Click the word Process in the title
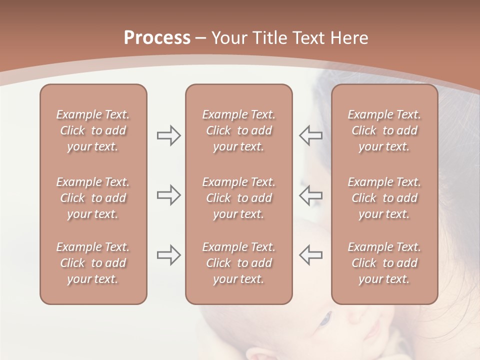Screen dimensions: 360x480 [x=157, y=38]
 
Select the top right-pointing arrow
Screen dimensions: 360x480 [x=168, y=135]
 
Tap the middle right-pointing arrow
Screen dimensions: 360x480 [x=168, y=195]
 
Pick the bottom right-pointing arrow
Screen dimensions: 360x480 [x=168, y=255]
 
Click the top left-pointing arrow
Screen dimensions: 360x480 [x=311, y=135]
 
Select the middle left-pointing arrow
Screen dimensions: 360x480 [x=311, y=195]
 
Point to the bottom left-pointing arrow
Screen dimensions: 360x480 [x=311, y=255]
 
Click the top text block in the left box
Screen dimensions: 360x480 [x=93, y=130]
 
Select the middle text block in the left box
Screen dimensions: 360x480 [x=93, y=198]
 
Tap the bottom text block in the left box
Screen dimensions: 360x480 [x=93, y=263]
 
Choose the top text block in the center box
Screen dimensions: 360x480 [x=238, y=130]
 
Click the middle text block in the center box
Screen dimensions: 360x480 [x=238, y=198]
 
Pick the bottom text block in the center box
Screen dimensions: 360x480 [x=238, y=263]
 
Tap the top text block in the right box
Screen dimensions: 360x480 [x=384, y=130]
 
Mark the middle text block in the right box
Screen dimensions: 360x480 [x=384, y=198]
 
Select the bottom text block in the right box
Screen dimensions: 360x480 [x=384, y=263]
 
